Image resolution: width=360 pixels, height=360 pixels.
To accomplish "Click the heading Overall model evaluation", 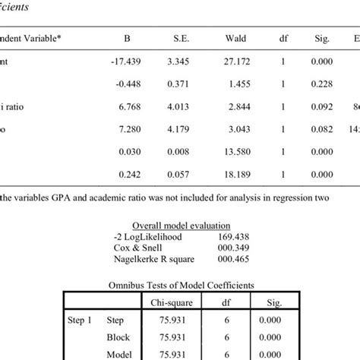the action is click(x=179, y=226).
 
